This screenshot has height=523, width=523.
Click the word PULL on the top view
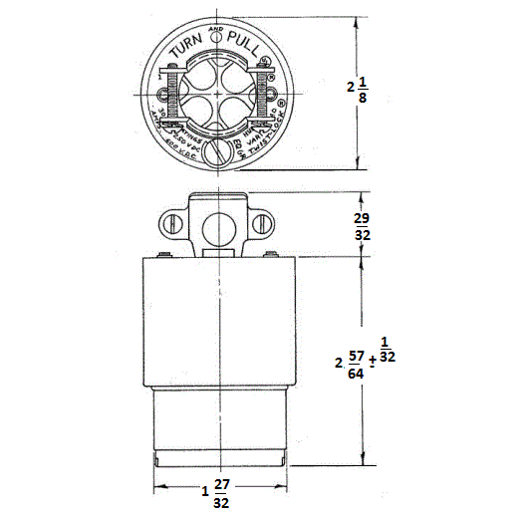pyautogui.click(x=246, y=45)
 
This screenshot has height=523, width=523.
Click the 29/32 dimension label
pyautogui.click(x=364, y=225)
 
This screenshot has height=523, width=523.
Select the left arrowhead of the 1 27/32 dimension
pyautogui.click(x=157, y=488)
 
